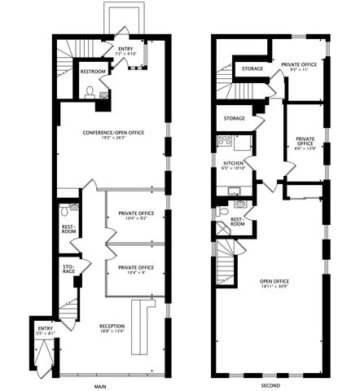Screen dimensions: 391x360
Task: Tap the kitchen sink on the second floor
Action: [x=234, y=192]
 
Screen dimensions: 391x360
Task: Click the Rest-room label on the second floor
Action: [x=237, y=223]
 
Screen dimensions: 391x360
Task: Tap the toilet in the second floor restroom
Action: [x=223, y=210]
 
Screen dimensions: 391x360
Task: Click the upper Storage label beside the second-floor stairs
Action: [x=252, y=69]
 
